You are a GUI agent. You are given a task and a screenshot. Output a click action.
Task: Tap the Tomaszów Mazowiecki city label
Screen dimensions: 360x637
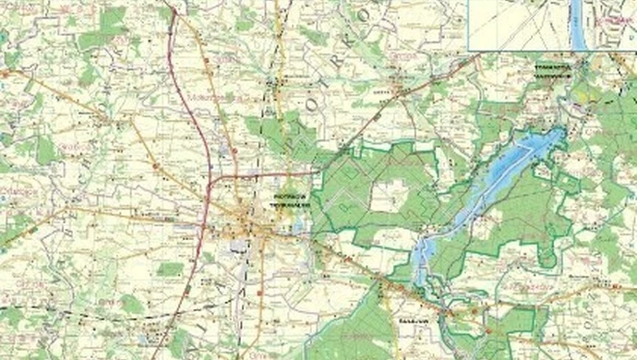(x=551, y=68)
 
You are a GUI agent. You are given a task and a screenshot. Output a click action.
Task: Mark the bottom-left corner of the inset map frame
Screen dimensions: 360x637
(x=469, y=50)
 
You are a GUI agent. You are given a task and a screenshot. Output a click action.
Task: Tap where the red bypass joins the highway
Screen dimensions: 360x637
(x=215, y=174)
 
